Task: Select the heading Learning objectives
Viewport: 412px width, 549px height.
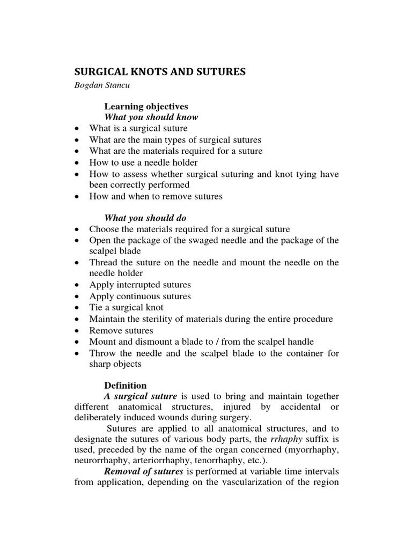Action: coord(146,106)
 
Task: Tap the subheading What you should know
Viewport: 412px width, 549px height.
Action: coord(151,117)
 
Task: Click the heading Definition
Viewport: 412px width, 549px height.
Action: coord(125,385)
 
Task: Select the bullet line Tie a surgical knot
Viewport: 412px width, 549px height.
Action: coord(126,308)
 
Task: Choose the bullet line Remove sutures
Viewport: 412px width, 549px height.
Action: coord(121,330)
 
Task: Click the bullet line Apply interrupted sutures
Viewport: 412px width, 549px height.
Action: coord(140,285)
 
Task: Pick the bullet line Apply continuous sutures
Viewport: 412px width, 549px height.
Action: coord(140,296)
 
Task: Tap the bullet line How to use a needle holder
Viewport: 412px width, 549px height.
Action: coord(143,162)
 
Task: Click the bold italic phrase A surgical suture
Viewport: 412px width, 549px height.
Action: coord(141,397)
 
